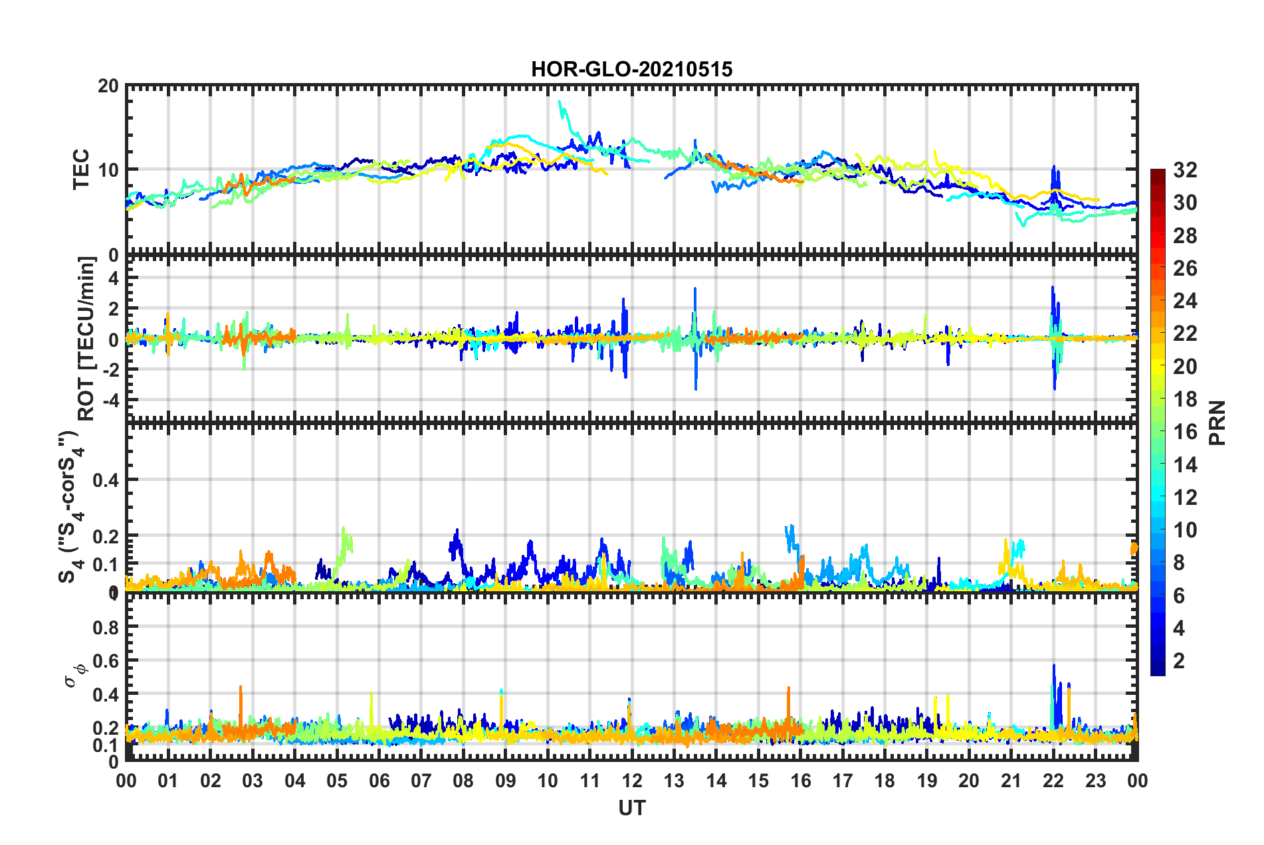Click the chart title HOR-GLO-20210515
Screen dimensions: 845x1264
click(631, 69)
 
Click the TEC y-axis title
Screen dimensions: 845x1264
click(81, 169)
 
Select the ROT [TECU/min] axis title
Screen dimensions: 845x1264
click(86, 338)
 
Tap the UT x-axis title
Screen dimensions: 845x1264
click(631, 808)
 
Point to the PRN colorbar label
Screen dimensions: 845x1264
click(1217, 423)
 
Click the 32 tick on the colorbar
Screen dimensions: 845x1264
click(1185, 170)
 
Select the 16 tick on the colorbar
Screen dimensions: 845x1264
click(1185, 432)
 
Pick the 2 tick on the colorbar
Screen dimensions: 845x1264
click(1180, 661)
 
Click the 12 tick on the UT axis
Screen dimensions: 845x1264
click(632, 781)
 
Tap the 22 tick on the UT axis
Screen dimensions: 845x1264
click(1053, 781)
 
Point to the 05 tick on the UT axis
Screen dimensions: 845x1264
click(337, 781)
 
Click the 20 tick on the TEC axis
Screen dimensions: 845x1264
click(108, 86)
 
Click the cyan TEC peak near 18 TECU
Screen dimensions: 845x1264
click(560, 102)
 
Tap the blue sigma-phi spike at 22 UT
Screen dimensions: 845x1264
click(1053, 666)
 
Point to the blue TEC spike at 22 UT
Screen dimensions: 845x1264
click(1053, 167)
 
